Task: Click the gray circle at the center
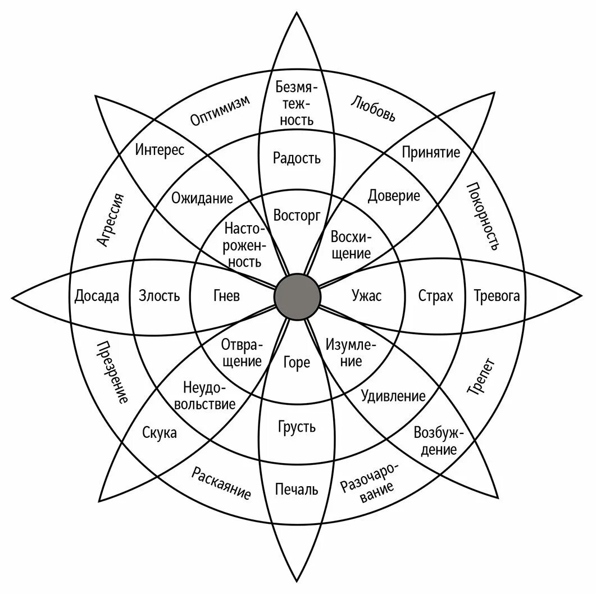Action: point(297,296)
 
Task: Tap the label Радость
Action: point(297,158)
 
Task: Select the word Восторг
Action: point(297,215)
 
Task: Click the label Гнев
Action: point(226,296)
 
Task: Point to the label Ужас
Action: point(366,296)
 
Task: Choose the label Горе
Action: point(297,363)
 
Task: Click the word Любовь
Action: point(373,108)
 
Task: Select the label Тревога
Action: point(497,296)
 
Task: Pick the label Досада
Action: point(97,296)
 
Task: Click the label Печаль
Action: point(297,489)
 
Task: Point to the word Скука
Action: point(160,433)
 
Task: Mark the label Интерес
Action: point(160,151)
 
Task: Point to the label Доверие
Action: point(394,196)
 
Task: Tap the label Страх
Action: point(435,296)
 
